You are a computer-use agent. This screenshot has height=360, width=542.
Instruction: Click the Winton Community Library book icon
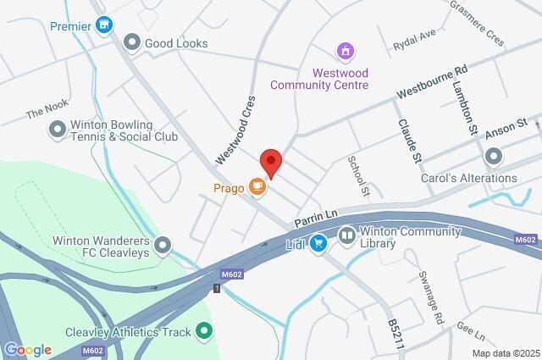[x=346, y=234]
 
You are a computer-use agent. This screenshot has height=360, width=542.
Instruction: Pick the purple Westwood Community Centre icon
[x=345, y=53]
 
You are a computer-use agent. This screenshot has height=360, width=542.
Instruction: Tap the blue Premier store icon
[x=103, y=25]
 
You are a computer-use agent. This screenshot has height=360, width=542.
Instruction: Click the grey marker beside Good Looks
[x=131, y=42]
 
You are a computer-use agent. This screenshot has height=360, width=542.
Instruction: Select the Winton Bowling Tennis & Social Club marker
[x=58, y=129]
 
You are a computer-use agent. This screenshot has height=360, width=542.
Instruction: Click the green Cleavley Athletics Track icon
[x=203, y=330]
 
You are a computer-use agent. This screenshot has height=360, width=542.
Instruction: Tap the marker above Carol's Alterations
[x=493, y=157]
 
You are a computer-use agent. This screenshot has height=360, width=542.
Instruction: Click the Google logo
[x=28, y=350]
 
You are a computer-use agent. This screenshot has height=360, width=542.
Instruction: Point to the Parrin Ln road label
[x=312, y=216]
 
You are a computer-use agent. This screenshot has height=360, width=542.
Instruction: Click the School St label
[x=358, y=176]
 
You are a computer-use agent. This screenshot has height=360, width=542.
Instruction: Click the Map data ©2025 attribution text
[x=505, y=353]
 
